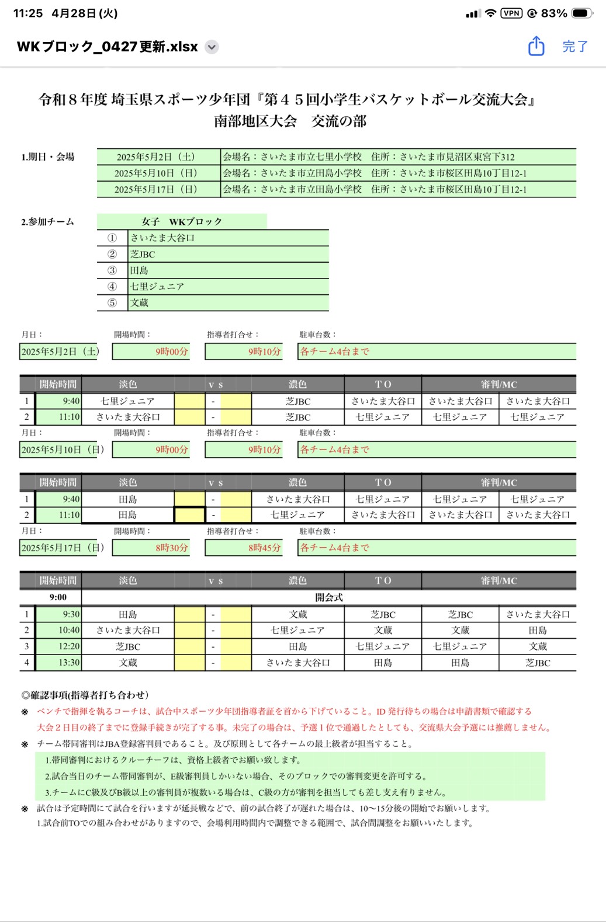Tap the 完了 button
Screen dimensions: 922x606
[x=575, y=47]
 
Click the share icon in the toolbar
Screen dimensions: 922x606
[x=536, y=46]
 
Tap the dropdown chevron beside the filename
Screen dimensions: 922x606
[x=212, y=47]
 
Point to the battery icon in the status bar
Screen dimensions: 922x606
[x=581, y=13]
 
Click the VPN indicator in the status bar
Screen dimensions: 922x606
[x=511, y=13]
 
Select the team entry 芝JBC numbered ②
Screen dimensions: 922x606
[x=228, y=254]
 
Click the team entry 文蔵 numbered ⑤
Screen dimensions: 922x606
[x=228, y=302]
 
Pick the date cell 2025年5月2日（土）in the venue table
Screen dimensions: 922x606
[x=156, y=156]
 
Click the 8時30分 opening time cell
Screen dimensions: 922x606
[x=151, y=548]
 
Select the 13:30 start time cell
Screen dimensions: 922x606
[x=59, y=663]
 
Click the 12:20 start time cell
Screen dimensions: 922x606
[x=59, y=646]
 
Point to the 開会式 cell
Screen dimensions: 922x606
[x=328, y=597]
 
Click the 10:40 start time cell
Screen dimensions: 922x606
[x=59, y=630]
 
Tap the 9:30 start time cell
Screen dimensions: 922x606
[x=59, y=614]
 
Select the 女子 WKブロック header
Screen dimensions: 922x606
[x=182, y=221]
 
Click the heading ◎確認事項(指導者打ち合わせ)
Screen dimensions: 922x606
[x=85, y=695]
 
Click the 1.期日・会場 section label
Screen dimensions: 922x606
[x=48, y=156]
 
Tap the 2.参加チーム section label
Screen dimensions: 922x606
[x=48, y=221]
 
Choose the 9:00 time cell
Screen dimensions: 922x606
[x=58, y=597]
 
